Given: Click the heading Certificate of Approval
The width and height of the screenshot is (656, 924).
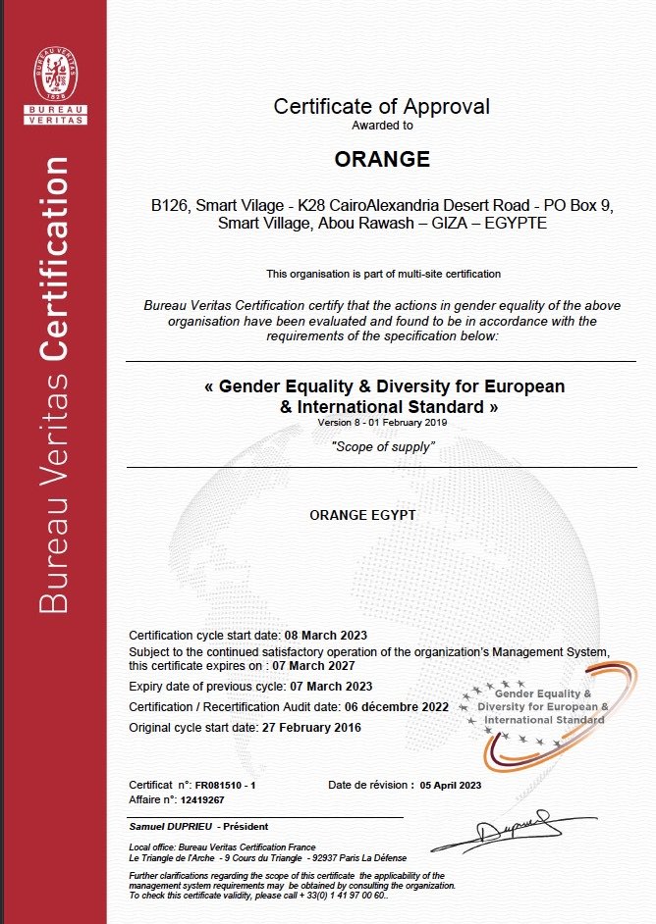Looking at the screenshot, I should tap(381, 106).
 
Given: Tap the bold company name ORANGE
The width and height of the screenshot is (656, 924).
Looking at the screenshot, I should tap(382, 158).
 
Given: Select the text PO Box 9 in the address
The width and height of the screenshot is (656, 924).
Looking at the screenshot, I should tap(579, 207).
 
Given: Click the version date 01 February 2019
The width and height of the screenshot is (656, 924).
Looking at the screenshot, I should tap(406, 422).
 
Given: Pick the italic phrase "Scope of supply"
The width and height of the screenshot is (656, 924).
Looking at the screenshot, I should tap(383, 446).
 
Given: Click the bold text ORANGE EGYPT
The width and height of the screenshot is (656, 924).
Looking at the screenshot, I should tap(362, 514).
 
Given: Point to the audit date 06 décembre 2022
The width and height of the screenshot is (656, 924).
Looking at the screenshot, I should tap(396, 706).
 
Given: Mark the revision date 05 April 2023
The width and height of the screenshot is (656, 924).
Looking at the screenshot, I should tap(451, 786).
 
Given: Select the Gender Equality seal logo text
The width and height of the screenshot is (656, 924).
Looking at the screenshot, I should tap(543, 706).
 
